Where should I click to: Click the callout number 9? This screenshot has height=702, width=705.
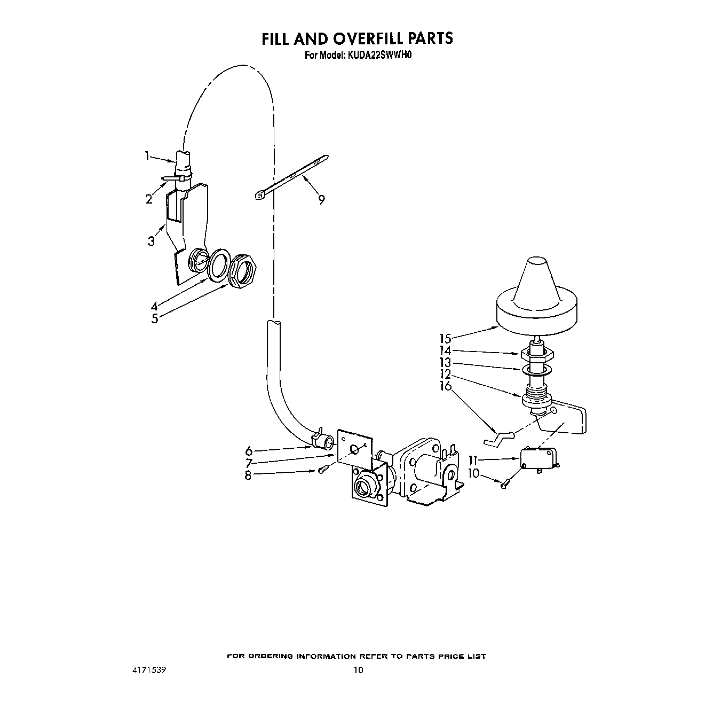[x=321, y=200]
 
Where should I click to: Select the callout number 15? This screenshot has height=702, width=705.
[x=445, y=338]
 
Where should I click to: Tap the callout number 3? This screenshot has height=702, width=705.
[x=152, y=241]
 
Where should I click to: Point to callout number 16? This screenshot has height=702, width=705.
[x=445, y=386]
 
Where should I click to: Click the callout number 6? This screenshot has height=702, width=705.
[x=249, y=451]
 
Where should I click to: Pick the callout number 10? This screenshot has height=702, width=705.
[x=473, y=473]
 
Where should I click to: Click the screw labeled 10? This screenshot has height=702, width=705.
[x=504, y=484]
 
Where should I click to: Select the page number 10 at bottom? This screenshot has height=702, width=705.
[x=358, y=670]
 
